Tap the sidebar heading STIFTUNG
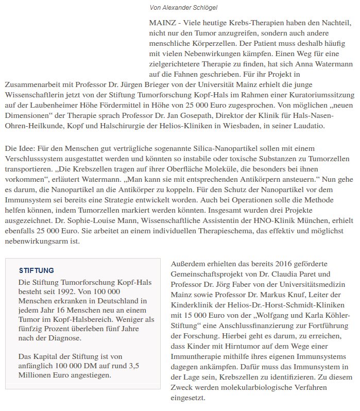point(36,270)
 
